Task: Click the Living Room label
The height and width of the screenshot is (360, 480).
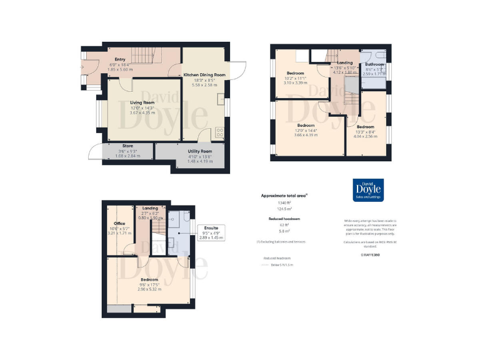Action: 142,102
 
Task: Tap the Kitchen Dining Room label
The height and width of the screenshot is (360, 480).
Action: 204,75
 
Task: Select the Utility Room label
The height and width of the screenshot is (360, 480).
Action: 200,151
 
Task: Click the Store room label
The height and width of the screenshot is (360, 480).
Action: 127,146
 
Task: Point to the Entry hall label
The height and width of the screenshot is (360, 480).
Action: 120,59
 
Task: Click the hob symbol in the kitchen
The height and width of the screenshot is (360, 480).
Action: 219,132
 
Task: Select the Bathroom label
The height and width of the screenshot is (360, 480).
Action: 375,64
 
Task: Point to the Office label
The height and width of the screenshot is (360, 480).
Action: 119,223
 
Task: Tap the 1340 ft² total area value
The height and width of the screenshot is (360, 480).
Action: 284,203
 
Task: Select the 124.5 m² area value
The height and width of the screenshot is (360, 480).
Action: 284,209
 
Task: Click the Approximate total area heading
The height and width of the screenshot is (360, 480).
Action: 284,196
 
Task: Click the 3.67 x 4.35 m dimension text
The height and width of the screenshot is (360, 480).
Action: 142,112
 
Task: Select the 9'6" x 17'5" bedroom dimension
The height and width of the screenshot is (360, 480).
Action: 149,284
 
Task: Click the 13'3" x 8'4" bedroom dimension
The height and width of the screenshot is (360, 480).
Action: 366,132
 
